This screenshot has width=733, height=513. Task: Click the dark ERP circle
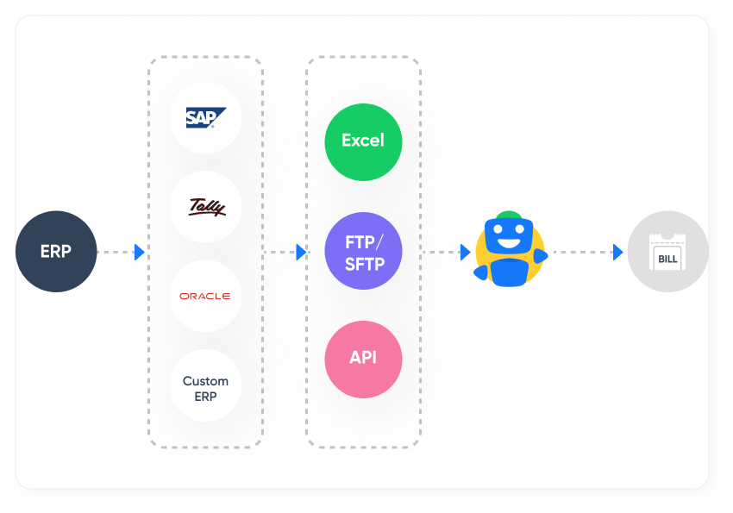point(56,252)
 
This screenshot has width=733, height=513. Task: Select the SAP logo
point(205,118)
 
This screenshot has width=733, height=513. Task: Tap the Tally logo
point(205,207)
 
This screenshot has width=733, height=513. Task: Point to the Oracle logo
point(205,296)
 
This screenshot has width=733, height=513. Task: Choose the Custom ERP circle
point(205,385)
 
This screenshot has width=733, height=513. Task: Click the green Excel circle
point(363,141)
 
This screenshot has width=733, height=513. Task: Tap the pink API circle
point(363,359)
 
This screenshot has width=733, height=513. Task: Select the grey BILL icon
point(667,252)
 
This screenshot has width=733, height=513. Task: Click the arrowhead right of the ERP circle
point(140,253)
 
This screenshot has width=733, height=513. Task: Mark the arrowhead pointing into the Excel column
point(301,253)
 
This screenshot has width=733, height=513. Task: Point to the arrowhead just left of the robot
point(465,253)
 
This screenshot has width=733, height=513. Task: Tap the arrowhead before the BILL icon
point(617,253)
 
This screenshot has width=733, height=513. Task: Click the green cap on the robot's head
point(509,216)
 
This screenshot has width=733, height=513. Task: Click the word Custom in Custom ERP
point(205,380)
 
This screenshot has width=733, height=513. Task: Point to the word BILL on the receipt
point(667,259)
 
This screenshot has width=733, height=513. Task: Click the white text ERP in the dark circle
point(56,252)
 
